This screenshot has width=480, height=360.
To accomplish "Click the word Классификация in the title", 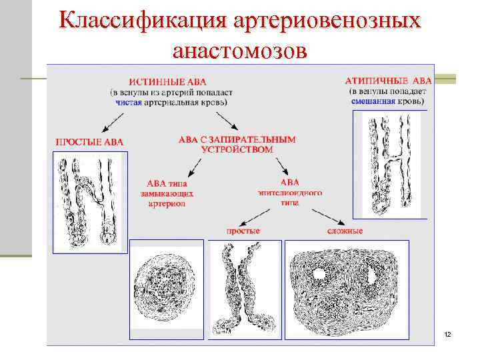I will (141, 21).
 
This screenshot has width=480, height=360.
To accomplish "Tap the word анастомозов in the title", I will (239, 51).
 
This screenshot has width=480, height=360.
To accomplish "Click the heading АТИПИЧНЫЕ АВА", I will (388, 81).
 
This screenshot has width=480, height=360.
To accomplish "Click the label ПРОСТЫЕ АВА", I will (89, 141).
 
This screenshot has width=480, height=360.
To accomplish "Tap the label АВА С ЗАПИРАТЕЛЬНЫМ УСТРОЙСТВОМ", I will (237, 145).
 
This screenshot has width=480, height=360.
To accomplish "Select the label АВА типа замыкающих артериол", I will (167, 193).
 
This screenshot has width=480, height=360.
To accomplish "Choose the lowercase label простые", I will (243, 231).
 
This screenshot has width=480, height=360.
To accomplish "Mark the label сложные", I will (345, 231).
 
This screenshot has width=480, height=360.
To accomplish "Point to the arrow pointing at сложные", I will (327, 215).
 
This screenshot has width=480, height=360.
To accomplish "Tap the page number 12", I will (447, 333).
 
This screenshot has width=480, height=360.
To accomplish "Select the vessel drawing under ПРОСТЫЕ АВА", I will (89, 202).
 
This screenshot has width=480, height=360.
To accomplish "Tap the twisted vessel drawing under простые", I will (244, 291).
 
